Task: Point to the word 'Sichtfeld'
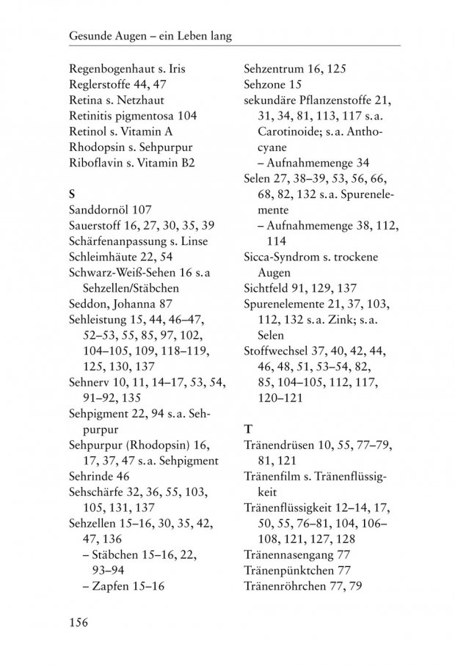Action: click(266, 288)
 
